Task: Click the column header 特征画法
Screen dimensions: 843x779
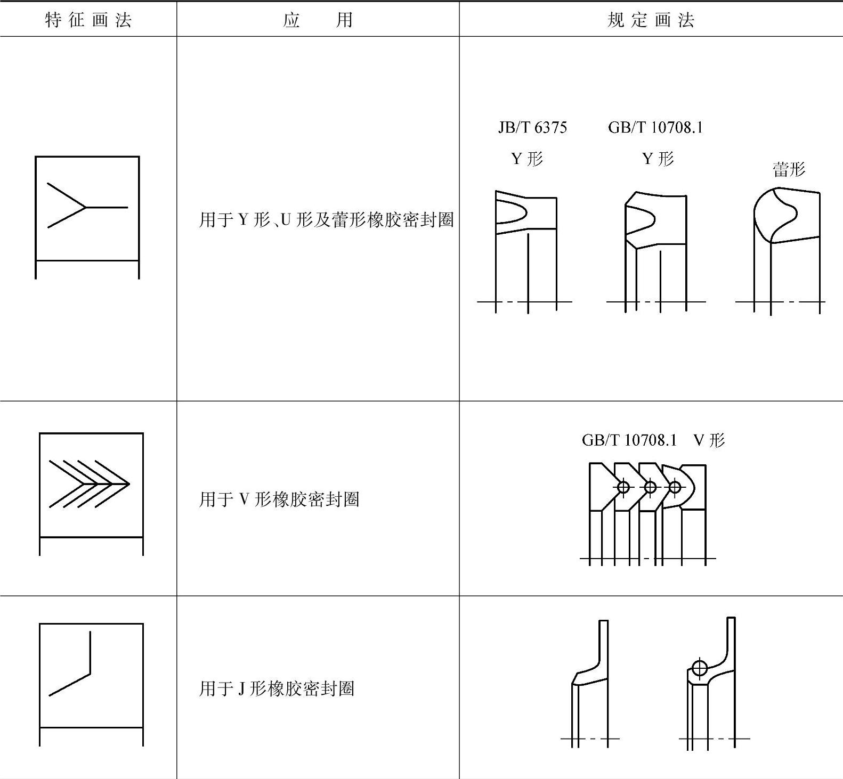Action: (x=88, y=20)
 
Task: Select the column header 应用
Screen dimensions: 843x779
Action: (x=318, y=20)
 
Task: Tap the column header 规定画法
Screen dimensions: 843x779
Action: (x=651, y=20)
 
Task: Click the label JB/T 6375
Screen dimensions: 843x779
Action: (x=532, y=127)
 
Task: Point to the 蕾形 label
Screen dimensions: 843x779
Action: (x=789, y=169)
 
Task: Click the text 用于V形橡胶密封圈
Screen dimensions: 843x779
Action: (x=279, y=499)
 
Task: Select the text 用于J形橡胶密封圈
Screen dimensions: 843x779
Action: (x=277, y=689)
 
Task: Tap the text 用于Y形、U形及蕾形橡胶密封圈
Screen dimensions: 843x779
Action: (x=326, y=219)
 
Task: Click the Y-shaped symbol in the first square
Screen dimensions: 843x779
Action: (x=87, y=206)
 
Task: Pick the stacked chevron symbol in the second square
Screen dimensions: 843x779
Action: (x=89, y=483)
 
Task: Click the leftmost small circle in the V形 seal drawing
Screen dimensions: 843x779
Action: (x=623, y=487)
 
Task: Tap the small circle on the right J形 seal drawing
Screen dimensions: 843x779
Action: (x=699, y=667)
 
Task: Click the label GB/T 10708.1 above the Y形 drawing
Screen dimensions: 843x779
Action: (x=655, y=127)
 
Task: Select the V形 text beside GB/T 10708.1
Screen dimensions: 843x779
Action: (x=709, y=440)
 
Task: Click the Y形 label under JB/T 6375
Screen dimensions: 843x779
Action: (x=527, y=159)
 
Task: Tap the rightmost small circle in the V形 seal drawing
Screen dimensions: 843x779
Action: (x=675, y=487)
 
